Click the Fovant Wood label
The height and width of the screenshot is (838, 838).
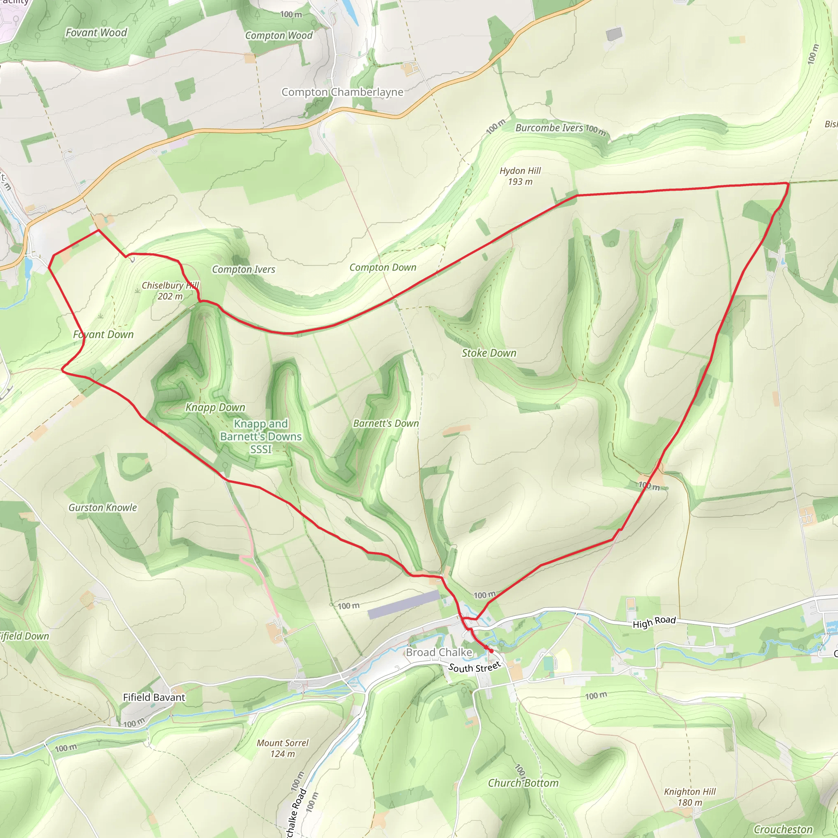(x=96, y=33)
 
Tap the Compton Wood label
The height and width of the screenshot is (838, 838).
(x=279, y=36)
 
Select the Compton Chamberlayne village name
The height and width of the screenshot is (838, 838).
(x=342, y=92)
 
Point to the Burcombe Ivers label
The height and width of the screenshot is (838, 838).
(x=549, y=128)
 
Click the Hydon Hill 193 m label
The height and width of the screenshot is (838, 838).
(x=520, y=176)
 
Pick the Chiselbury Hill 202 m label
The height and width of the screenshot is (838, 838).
(x=170, y=291)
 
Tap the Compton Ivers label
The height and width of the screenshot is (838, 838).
(x=243, y=269)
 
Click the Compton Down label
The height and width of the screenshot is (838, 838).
(x=383, y=268)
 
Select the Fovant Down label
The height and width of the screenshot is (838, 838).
(x=103, y=334)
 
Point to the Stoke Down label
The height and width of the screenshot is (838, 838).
(x=489, y=353)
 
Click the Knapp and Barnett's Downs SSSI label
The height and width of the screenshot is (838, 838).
(x=261, y=436)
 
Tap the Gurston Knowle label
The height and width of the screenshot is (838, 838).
(x=103, y=507)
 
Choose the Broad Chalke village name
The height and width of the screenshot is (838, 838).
(x=439, y=652)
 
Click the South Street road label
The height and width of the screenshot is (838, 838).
(x=475, y=667)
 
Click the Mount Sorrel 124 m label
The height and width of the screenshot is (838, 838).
(x=282, y=748)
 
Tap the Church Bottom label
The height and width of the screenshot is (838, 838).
(x=523, y=783)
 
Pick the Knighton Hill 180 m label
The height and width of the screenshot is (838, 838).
(x=689, y=797)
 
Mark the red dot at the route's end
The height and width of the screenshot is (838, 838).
(x=491, y=651)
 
